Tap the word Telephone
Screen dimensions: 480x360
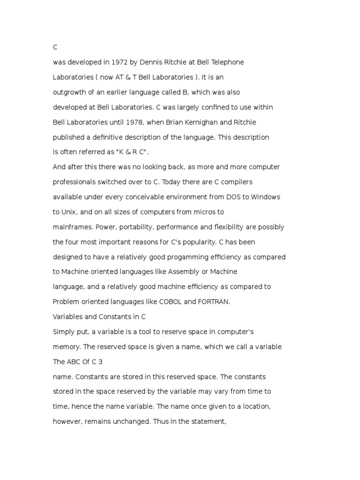tap(226, 62)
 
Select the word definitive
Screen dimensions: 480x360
tap(106, 137)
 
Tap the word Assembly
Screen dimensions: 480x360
tap(184, 272)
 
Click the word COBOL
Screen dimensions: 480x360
tap(170, 302)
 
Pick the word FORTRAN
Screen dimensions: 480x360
tap(213, 302)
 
